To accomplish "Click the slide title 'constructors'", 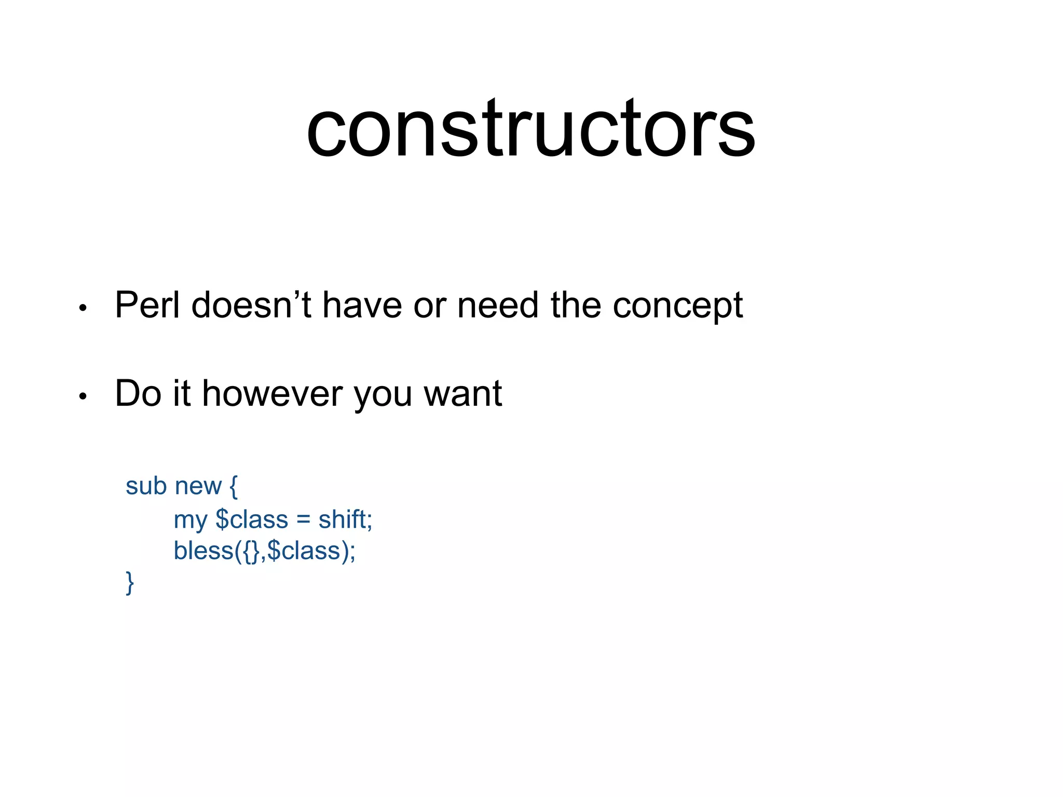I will (x=530, y=129).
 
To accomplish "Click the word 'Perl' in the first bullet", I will (x=147, y=305).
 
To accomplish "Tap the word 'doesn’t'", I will (x=251, y=305).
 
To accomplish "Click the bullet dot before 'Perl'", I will (x=83, y=309).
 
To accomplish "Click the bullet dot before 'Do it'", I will (x=83, y=397).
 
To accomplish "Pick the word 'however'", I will (x=272, y=393).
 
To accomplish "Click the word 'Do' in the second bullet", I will (x=138, y=393).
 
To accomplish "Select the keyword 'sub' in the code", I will (x=146, y=486).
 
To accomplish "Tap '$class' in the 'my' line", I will (x=252, y=519).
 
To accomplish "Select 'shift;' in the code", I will (x=345, y=519).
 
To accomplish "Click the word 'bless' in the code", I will (x=203, y=551).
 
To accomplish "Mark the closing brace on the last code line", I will (x=129, y=583).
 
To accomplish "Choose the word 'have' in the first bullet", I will (x=362, y=305).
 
